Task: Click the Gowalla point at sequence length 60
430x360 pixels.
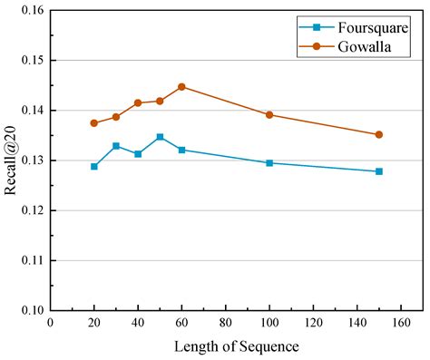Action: pos(181,87)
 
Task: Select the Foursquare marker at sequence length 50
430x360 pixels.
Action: pos(160,137)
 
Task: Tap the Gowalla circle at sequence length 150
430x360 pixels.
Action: pos(379,134)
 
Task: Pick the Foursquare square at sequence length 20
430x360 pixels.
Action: pos(94,167)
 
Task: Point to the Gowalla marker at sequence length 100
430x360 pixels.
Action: pos(269,115)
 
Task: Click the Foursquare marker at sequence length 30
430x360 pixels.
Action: pos(116,146)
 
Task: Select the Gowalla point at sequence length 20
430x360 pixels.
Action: pos(94,123)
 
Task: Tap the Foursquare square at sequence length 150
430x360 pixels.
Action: pos(379,171)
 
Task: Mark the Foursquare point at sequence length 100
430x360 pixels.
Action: pos(269,163)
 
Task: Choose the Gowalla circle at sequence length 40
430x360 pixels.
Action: pos(138,103)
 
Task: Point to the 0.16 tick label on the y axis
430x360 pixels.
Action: pos(29,11)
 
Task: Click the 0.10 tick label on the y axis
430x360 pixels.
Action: pos(29,311)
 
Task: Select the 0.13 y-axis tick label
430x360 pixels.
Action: pos(29,161)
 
